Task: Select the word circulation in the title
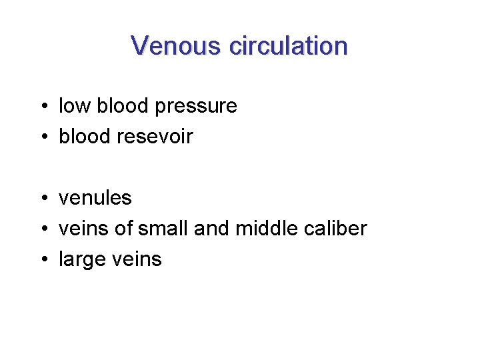click(288, 46)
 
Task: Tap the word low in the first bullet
click(75, 106)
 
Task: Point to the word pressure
click(198, 107)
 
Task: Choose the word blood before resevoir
click(85, 137)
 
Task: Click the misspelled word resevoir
click(155, 137)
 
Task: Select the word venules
click(95, 198)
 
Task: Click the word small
click(163, 229)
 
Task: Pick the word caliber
click(335, 229)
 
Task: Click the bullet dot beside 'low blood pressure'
click(42, 107)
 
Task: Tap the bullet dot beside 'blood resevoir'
click(42, 137)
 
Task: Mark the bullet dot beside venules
click(42, 199)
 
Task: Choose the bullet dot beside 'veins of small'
click(42, 229)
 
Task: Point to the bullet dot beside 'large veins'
click(42, 260)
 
